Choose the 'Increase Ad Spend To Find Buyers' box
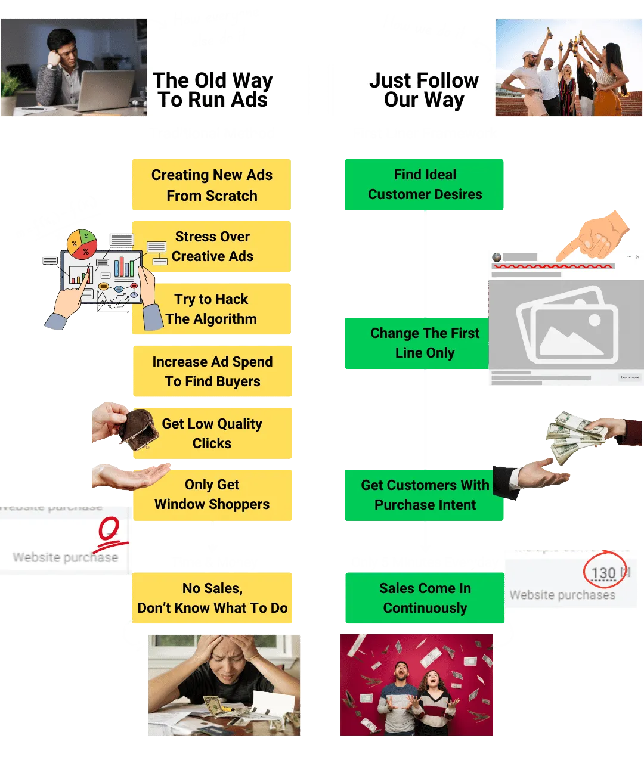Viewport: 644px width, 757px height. [213, 371]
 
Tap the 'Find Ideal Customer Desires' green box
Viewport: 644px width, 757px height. [425, 185]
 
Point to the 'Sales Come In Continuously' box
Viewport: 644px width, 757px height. [425, 598]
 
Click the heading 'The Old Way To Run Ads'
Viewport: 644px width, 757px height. [213, 90]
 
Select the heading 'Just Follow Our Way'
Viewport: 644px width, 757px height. [423, 90]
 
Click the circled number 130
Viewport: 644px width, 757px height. [603, 573]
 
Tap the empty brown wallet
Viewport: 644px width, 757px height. [138, 428]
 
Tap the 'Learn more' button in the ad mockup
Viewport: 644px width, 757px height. [630, 377]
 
